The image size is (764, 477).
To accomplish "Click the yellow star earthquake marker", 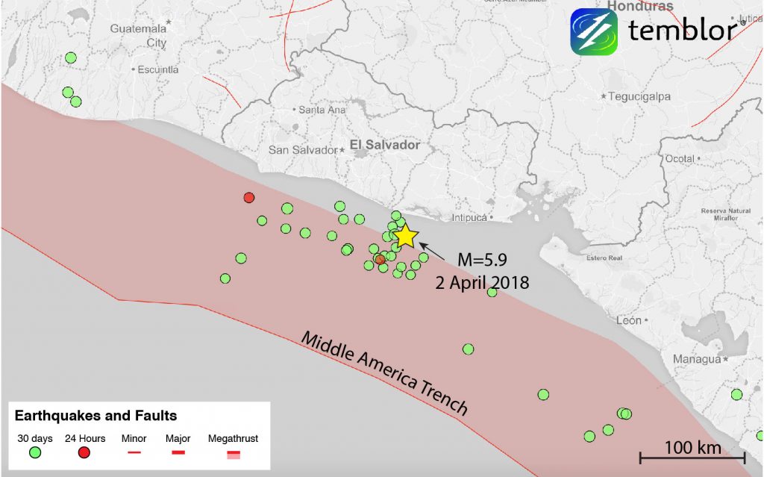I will [405, 236].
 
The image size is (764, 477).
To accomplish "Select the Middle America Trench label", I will [384, 373].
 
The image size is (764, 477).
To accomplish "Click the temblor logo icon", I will [594, 31].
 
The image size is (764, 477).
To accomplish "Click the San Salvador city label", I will [303, 150].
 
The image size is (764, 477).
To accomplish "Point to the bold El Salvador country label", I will [385, 145].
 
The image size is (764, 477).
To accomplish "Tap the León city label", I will [629, 320].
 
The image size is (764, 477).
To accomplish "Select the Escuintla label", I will [158, 69].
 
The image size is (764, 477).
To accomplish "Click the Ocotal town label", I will [679, 159].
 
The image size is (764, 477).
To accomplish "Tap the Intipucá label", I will [469, 218].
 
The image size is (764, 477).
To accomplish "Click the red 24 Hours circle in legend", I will [84, 452].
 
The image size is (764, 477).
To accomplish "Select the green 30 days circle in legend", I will [34, 452].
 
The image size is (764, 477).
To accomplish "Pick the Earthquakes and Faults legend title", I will [95, 416].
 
